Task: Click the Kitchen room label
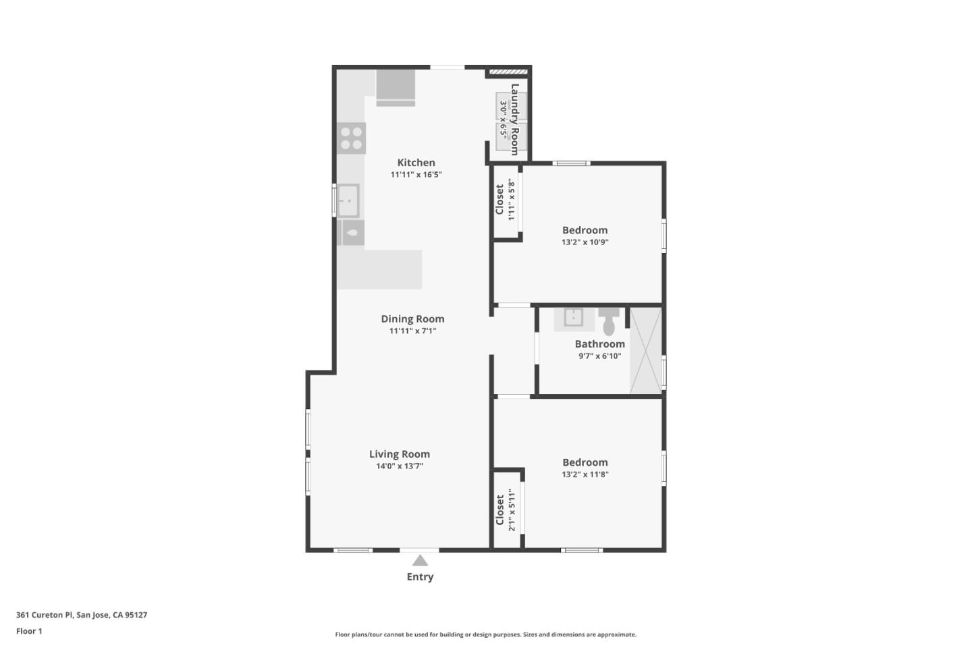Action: pyautogui.click(x=416, y=163)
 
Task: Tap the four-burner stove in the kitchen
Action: pyautogui.click(x=351, y=138)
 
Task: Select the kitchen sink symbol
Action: pyautogui.click(x=348, y=200)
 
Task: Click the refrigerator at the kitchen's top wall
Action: pyautogui.click(x=396, y=86)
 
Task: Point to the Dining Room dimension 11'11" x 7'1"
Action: pyautogui.click(x=412, y=331)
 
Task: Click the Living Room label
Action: pyautogui.click(x=399, y=454)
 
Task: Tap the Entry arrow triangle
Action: pyautogui.click(x=420, y=560)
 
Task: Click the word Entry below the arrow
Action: pyautogui.click(x=420, y=576)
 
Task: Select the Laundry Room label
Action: pyautogui.click(x=515, y=119)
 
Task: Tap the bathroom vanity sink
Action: pyautogui.click(x=573, y=317)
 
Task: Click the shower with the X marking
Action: pyautogui.click(x=646, y=350)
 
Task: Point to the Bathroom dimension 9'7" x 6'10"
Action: pyautogui.click(x=599, y=356)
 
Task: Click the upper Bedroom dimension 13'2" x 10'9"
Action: pyautogui.click(x=585, y=242)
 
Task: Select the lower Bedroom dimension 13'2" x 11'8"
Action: pyautogui.click(x=585, y=474)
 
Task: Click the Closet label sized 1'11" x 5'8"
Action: pyautogui.click(x=500, y=200)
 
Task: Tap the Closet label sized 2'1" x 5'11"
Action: pyautogui.click(x=500, y=510)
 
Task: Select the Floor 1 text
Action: pyautogui.click(x=29, y=631)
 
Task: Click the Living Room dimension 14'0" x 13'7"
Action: pyautogui.click(x=399, y=466)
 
